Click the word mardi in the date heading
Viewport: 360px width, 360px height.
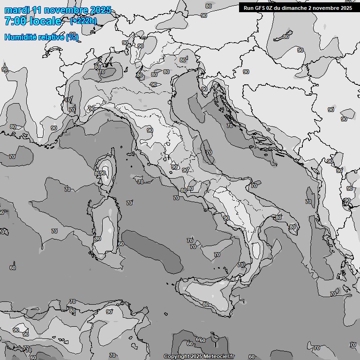coord(16,10)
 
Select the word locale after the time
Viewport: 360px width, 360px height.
coord(45,21)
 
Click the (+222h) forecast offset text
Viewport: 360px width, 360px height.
coord(83,21)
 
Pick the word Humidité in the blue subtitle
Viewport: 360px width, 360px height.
coord(19,37)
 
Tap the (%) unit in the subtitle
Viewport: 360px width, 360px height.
coord(72,37)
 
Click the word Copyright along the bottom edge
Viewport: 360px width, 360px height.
coord(176,357)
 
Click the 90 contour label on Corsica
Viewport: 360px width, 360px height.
coord(103,173)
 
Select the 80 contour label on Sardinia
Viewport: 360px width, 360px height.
coord(97,239)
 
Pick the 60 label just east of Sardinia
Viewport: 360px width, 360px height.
coord(121,244)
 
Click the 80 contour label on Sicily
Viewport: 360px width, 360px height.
coord(205,304)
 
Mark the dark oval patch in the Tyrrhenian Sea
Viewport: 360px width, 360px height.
coord(152,251)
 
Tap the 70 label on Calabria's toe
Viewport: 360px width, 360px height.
coord(240,265)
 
